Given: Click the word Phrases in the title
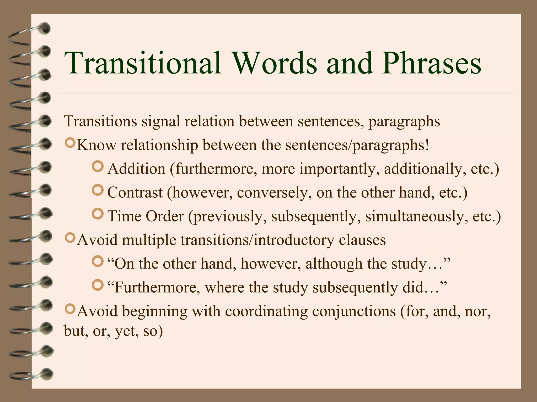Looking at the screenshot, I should point(431,64).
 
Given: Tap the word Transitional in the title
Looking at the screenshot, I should point(143,64).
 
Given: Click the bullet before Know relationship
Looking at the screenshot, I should point(70,143).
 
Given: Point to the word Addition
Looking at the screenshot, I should point(136,169).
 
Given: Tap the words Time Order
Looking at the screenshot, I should point(146,216).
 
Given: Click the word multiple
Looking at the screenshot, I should point(149,240).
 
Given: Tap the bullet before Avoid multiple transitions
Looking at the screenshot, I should point(70,238).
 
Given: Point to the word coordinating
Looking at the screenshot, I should point(264,311).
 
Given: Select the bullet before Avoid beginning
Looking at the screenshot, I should point(70,309).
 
